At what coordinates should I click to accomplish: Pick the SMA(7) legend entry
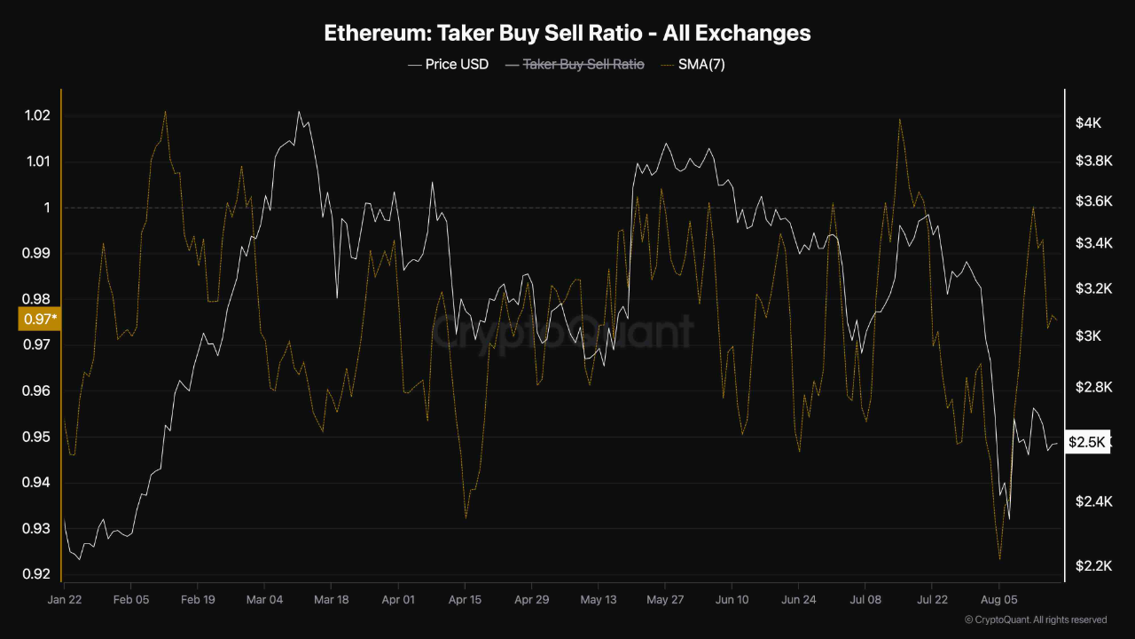click(x=701, y=64)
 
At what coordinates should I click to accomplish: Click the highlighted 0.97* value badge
click(x=39, y=318)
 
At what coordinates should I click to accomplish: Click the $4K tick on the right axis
click(x=1088, y=123)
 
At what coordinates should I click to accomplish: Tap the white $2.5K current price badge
click(x=1087, y=442)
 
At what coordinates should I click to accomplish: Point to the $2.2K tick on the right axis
click(x=1087, y=566)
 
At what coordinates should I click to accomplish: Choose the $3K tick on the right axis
click(x=1088, y=335)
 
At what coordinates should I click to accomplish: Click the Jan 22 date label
click(x=64, y=600)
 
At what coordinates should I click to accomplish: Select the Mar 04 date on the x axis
click(x=264, y=600)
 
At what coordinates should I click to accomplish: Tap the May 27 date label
click(x=665, y=600)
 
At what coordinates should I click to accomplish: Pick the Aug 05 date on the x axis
click(x=998, y=600)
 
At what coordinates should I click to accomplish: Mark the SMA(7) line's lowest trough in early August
click(x=999, y=559)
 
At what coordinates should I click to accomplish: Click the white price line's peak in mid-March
click(x=299, y=112)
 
